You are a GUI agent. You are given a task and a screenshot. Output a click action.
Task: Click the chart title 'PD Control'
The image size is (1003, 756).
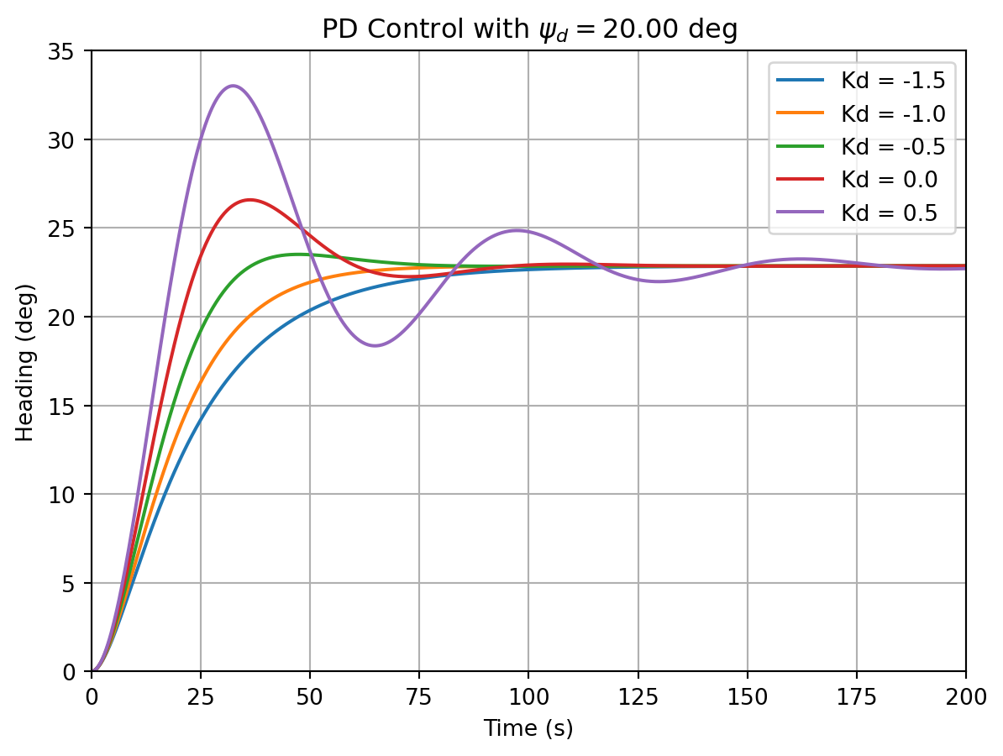(529, 30)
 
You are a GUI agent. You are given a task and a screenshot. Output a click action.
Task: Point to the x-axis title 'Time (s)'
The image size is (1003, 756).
(528, 728)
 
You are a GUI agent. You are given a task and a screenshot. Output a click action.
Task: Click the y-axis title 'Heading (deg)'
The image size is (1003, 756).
(26, 361)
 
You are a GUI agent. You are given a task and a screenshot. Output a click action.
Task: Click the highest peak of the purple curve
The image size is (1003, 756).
(233, 86)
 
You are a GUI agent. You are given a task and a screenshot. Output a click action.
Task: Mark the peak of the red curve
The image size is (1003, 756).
(249, 200)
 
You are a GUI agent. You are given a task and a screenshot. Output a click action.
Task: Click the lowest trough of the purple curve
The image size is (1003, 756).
(375, 346)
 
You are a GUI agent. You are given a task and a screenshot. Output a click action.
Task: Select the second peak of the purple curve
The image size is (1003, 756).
(516, 230)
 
